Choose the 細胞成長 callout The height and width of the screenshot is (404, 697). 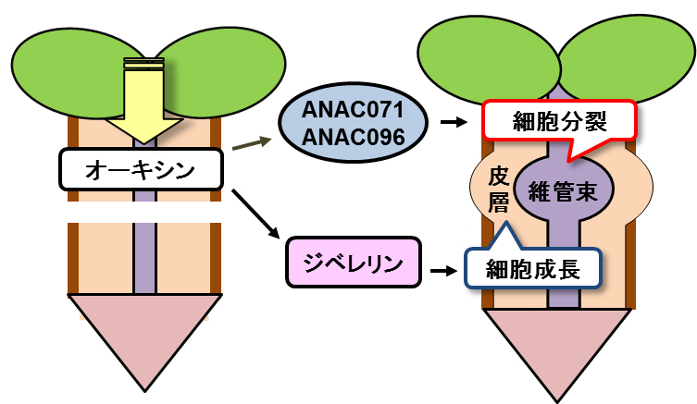(x=532, y=269)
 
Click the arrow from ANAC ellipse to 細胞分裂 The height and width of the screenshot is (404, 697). (x=454, y=121)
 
